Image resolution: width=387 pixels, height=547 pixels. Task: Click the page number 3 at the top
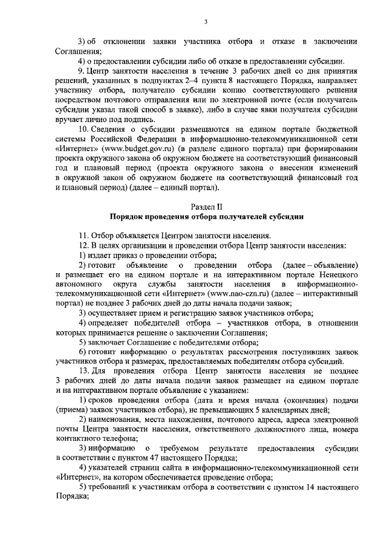[x=206, y=22]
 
